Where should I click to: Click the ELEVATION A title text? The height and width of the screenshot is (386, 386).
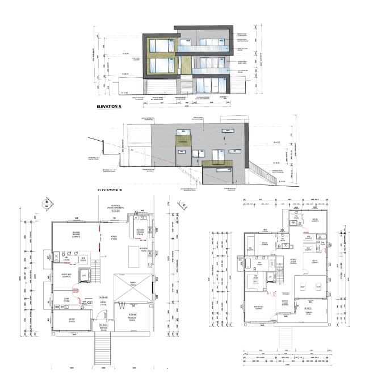pyautogui.click(x=110, y=107)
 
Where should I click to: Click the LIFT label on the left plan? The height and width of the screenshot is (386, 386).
pyautogui.click(x=83, y=275)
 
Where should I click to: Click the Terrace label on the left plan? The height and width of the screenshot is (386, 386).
pyautogui.click(x=132, y=320)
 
